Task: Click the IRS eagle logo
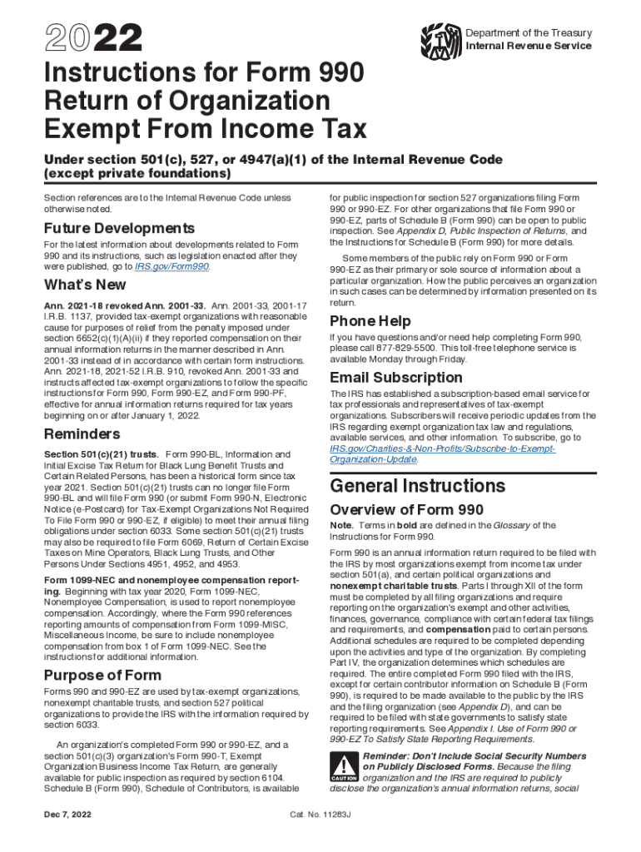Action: (439, 39)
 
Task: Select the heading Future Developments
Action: (119, 228)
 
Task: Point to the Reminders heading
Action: (82, 433)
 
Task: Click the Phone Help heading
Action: (370, 321)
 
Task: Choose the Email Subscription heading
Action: (396, 379)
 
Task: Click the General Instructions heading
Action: (418, 486)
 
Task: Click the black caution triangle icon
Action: (343, 766)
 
